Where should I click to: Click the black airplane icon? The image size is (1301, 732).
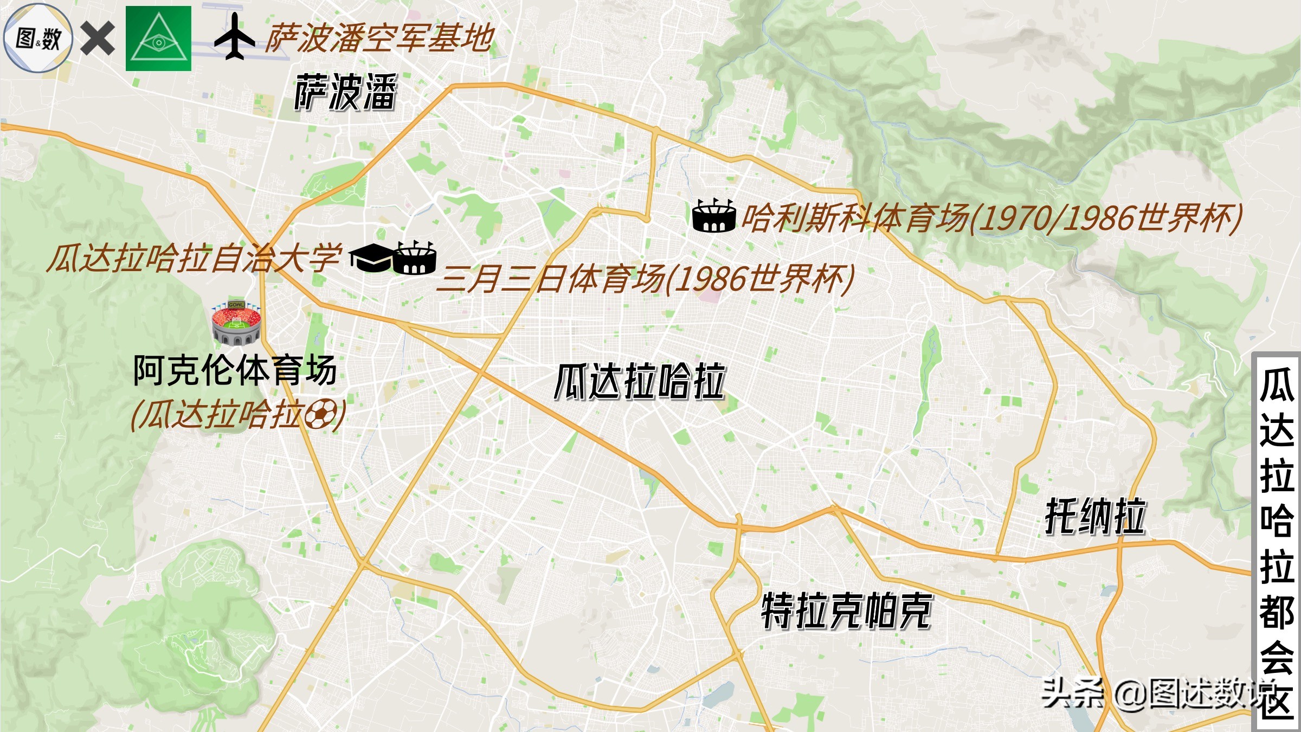[x=234, y=37]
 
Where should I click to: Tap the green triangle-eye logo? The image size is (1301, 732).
[x=158, y=38]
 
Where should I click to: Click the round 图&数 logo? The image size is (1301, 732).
[x=38, y=38]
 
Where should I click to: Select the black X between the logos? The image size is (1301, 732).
[x=98, y=38]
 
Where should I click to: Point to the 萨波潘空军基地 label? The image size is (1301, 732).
[x=379, y=38]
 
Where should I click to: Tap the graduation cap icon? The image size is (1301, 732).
[x=370, y=258]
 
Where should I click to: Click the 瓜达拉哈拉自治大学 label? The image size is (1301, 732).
[x=194, y=258]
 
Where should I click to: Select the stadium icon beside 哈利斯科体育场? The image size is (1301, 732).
[x=714, y=216]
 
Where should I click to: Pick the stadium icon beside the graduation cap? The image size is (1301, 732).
[x=415, y=258]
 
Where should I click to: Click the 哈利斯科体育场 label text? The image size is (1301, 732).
[x=992, y=218]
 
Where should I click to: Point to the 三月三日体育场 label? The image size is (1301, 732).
[x=645, y=279]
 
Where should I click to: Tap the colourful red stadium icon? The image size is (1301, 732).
[x=236, y=324]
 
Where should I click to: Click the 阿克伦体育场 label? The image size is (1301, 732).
[x=235, y=371]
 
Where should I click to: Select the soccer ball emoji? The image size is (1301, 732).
[x=320, y=415]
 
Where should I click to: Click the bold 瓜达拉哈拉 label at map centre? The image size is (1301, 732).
[x=640, y=382]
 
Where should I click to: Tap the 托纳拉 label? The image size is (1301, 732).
[x=1095, y=517]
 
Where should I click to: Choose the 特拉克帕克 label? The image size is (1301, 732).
[x=846, y=612]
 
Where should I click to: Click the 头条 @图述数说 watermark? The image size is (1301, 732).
[x=1149, y=693]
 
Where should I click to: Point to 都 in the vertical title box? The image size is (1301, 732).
[x=1277, y=613]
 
